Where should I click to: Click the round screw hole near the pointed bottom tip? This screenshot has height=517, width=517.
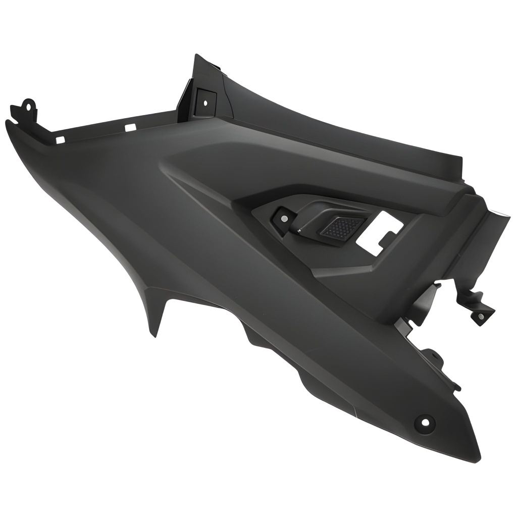click(x=424, y=422)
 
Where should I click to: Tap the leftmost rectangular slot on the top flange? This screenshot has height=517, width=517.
click(x=60, y=140)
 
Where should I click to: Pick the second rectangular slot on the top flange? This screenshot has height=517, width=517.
click(x=130, y=128)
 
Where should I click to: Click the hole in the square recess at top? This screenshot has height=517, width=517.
click(x=205, y=102)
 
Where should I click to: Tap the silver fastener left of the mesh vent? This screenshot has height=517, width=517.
click(x=284, y=219)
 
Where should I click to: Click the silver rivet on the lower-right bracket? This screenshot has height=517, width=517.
click(x=481, y=317)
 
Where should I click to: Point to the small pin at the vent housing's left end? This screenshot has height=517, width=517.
click(x=299, y=231)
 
